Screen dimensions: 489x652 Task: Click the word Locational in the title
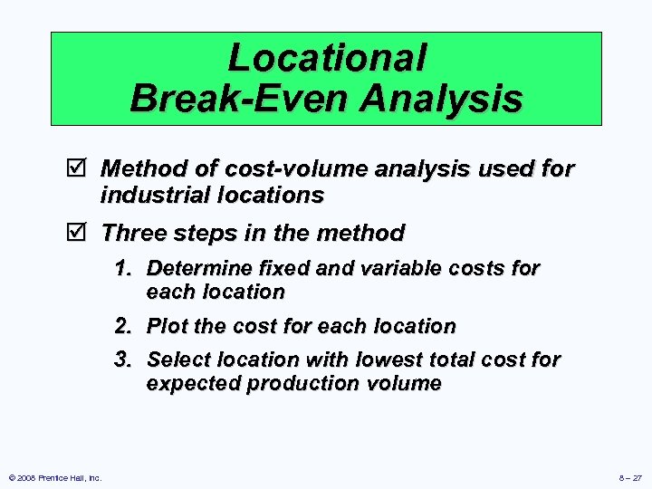327,58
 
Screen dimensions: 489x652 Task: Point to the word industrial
155,195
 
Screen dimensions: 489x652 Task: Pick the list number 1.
123,268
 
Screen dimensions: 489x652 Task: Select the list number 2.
123,326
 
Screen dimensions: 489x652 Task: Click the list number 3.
123,360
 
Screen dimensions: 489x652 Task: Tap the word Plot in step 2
166,326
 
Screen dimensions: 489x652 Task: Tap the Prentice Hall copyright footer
53,477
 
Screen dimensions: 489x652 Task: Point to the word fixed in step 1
279,268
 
